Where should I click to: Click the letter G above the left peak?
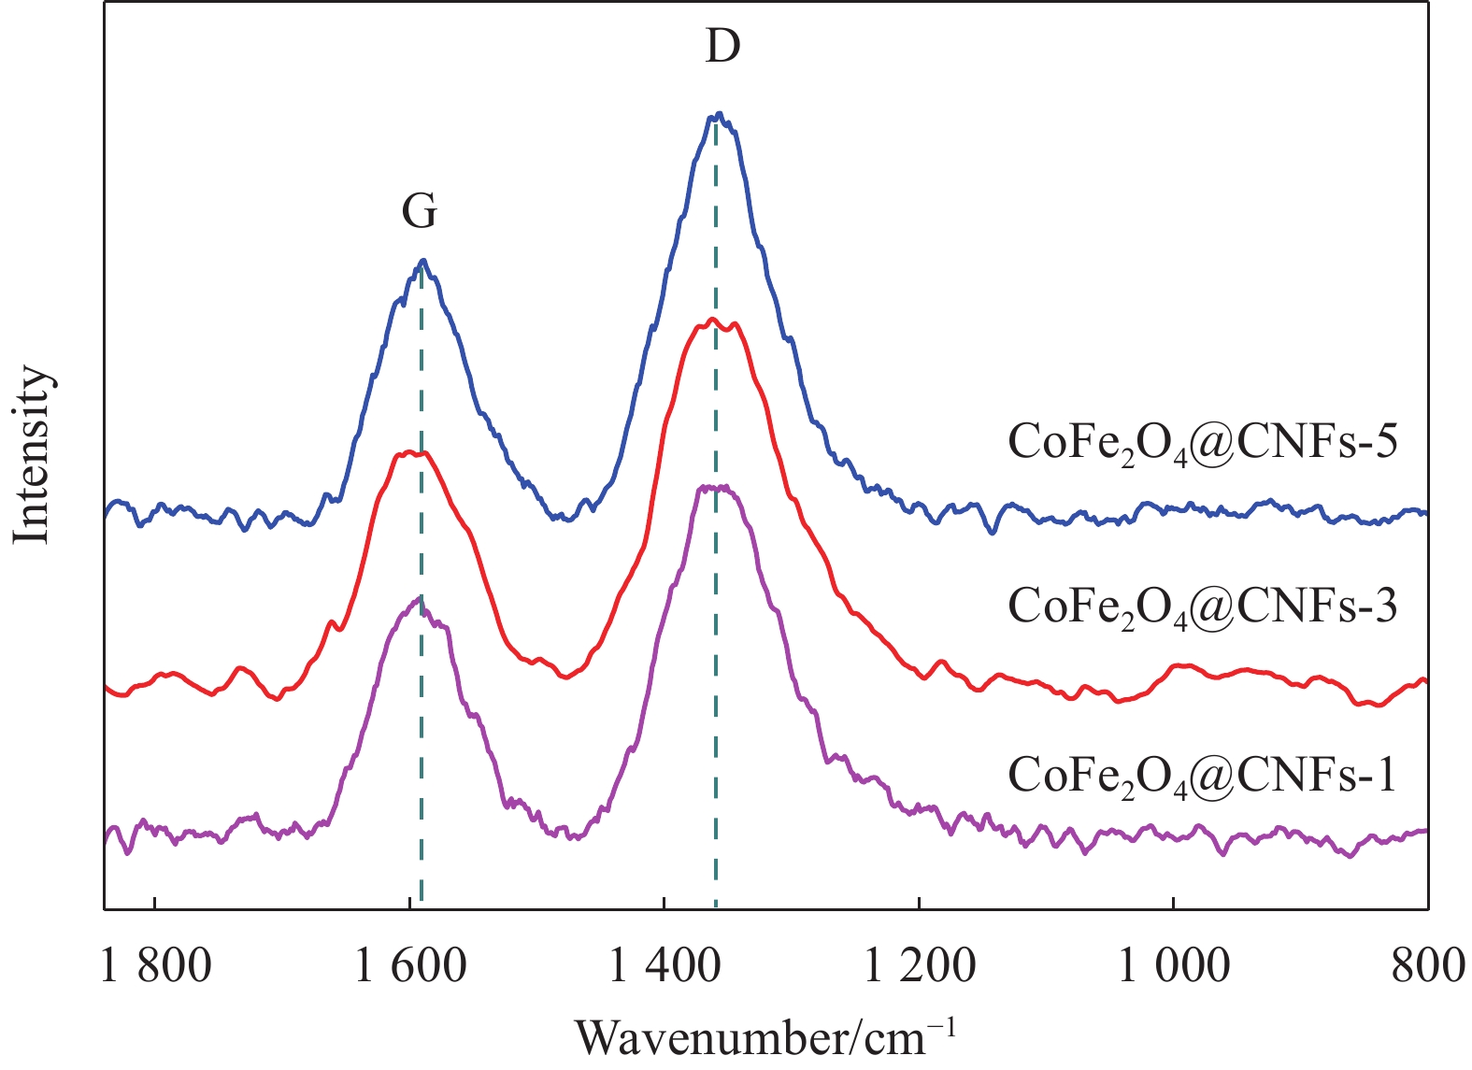click(x=420, y=213)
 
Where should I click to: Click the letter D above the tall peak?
click(x=722, y=46)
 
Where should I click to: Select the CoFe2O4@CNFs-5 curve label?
click(x=1202, y=442)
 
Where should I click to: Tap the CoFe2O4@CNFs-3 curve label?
click(x=1202, y=607)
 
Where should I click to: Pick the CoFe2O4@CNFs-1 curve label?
click(x=1202, y=775)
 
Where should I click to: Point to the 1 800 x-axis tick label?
click(x=156, y=966)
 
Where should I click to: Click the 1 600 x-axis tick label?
click(x=410, y=966)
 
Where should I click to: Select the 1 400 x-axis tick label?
click(x=665, y=966)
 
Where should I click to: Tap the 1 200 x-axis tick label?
click(x=920, y=966)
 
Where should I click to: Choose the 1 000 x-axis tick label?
click(x=1174, y=966)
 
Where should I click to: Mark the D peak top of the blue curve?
click(x=718, y=114)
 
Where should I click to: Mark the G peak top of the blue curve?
click(x=423, y=261)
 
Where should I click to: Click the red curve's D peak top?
click(x=712, y=321)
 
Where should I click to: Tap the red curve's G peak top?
click(x=411, y=453)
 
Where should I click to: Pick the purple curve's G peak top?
click(x=418, y=599)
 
